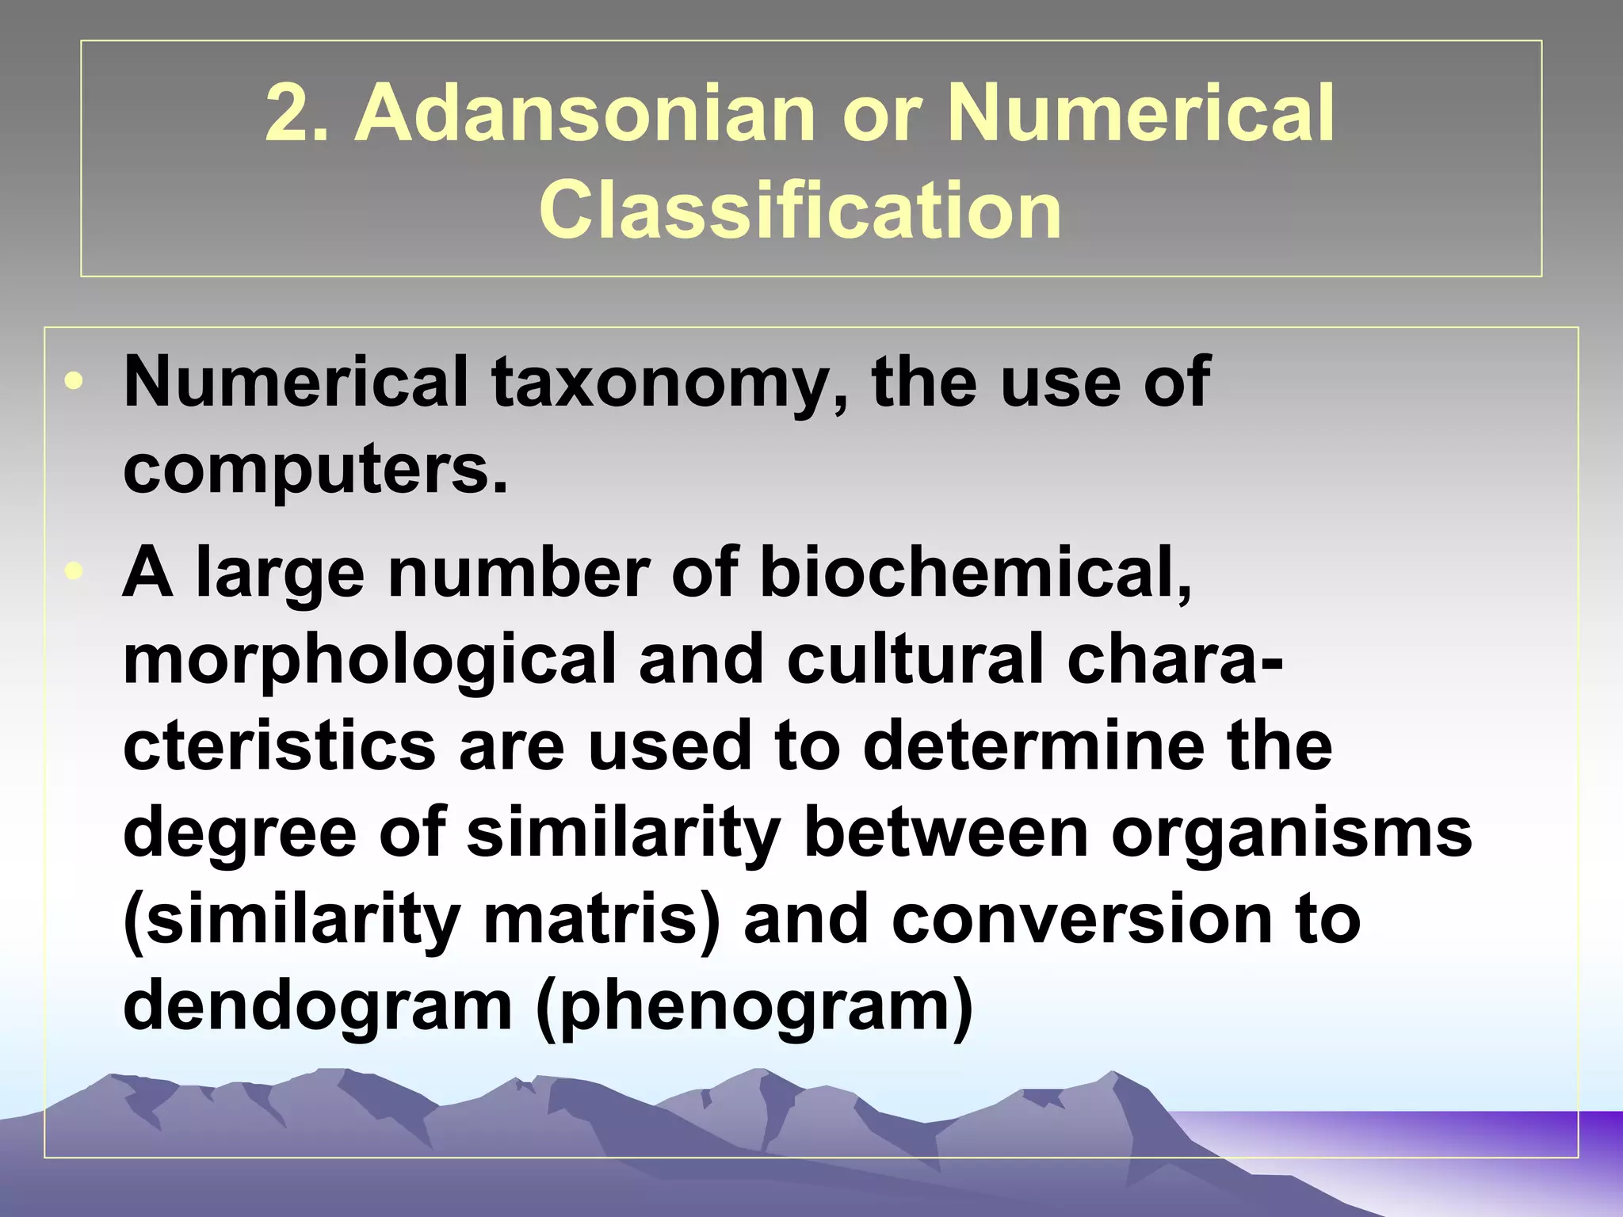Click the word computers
click(315, 470)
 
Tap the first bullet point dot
click(74, 382)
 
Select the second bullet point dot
click(74, 572)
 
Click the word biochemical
click(976, 572)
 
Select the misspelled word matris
click(602, 920)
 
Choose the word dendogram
click(318, 1006)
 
